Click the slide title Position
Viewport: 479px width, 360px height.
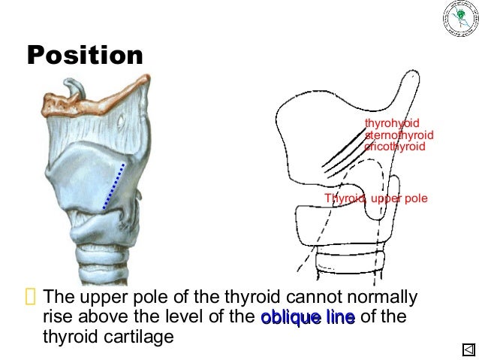85,55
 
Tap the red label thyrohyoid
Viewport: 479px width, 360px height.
392,123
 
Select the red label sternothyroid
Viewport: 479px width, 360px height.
399,135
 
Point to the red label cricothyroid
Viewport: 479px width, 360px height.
395,147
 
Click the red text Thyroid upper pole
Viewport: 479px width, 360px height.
375,198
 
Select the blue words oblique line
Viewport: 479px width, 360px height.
308,318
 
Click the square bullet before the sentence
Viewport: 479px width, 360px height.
30,298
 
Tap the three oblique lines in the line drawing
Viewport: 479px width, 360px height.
342,150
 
